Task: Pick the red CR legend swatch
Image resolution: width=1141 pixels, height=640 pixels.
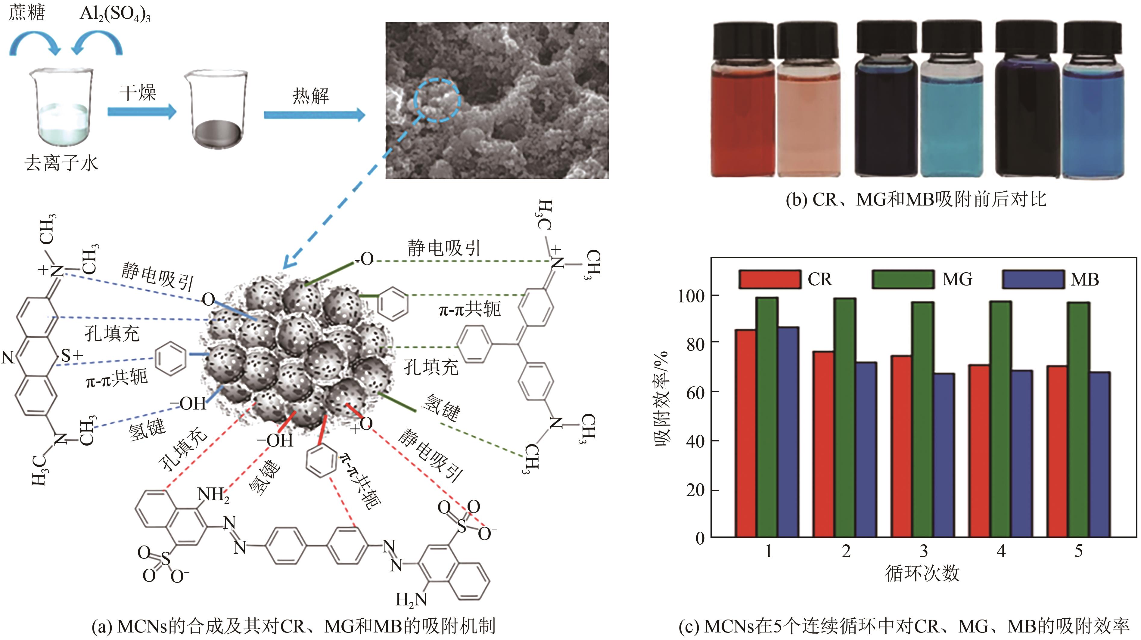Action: tap(770, 279)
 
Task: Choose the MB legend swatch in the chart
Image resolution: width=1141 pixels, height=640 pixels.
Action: tap(1033, 279)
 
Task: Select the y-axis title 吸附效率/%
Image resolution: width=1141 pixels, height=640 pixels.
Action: tap(663, 398)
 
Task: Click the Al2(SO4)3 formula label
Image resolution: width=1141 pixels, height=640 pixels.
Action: tap(115, 14)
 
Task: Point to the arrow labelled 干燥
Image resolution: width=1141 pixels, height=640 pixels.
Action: tap(142, 112)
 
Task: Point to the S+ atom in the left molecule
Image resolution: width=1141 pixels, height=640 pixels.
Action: tap(71, 355)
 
